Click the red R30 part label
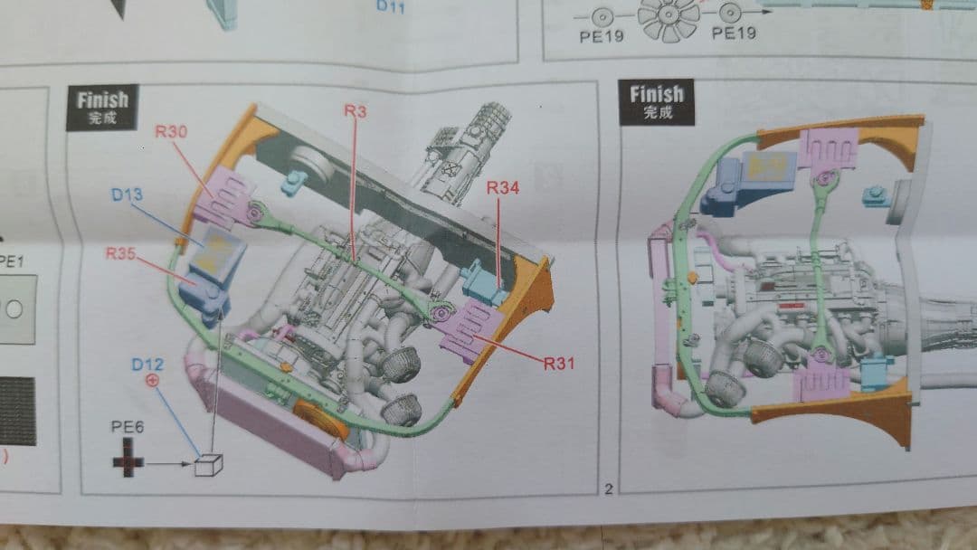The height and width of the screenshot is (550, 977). click(x=171, y=131)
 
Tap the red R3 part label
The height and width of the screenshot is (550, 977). click(x=355, y=110)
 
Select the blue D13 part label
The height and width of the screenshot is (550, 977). click(x=128, y=194)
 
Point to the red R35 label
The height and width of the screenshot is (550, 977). click(x=120, y=254)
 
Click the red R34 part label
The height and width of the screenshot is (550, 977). click(x=503, y=188)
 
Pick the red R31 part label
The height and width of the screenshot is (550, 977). click(x=558, y=364)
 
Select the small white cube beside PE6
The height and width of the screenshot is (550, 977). click(x=208, y=464)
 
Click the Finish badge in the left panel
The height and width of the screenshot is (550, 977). click(x=102, y=106)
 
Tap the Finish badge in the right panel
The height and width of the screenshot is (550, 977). click(x=657, y=100)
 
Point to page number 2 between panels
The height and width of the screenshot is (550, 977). click(x=608, y=489)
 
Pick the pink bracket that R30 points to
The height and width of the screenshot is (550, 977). click(x=221, y=201)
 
